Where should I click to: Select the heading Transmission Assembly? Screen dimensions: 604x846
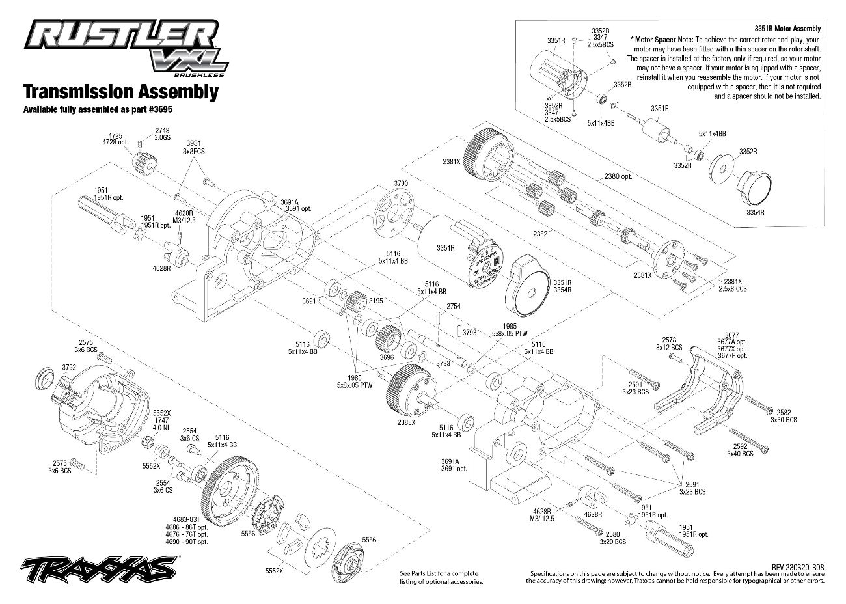[120, 91]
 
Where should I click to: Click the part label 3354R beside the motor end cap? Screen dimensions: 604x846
[756, 212]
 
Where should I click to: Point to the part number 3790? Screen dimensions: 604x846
[400, 184]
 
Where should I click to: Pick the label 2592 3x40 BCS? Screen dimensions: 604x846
[740, 450]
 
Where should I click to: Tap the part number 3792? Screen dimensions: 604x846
[70, 368]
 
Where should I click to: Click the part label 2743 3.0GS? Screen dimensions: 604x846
[162, 134]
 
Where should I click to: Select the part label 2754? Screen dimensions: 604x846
[454, 305]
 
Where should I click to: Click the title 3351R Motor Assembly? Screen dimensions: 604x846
[787, 29]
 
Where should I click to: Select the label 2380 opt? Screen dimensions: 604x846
[618, 176]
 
